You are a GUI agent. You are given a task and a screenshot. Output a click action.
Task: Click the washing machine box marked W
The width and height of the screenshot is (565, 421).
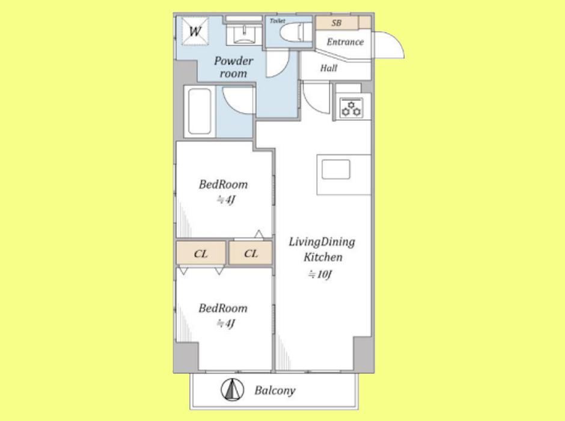tap(195, 31)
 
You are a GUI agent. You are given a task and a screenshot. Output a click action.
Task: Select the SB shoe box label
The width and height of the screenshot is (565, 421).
tap(337, 23)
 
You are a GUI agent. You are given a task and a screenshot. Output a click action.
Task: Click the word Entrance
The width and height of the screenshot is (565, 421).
tap(345, 42)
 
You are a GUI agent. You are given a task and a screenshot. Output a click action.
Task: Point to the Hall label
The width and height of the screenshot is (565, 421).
tap(329, 68)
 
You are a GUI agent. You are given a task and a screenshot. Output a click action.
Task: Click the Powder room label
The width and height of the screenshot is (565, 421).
tap(233, 67)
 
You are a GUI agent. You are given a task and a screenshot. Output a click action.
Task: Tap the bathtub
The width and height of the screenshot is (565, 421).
tap(200, 111)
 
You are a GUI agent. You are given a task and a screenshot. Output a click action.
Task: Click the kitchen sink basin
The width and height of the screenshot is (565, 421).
tap(336, 170)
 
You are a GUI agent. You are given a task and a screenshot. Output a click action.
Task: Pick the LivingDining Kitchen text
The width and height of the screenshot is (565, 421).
tap(322, 249)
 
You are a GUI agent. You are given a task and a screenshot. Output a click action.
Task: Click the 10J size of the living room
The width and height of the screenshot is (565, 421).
tap(320, 274)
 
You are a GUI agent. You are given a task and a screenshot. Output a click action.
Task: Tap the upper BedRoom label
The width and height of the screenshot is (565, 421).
tap(223, 185)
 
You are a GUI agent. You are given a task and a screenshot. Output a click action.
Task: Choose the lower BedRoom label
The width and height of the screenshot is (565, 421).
tap(223, 308)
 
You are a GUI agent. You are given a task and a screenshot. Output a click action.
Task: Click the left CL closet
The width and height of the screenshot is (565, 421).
tap(201, 253)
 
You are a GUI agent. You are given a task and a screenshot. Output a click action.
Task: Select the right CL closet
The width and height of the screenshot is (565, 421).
tap(251, 253)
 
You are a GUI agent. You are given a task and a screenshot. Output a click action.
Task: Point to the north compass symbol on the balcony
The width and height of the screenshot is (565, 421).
tap(232, 390)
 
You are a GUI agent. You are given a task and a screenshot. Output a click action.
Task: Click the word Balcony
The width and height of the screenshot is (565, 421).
tap(275, 390)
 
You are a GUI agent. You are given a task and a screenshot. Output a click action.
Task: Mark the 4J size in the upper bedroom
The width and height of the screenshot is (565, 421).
tap(226, 199)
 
